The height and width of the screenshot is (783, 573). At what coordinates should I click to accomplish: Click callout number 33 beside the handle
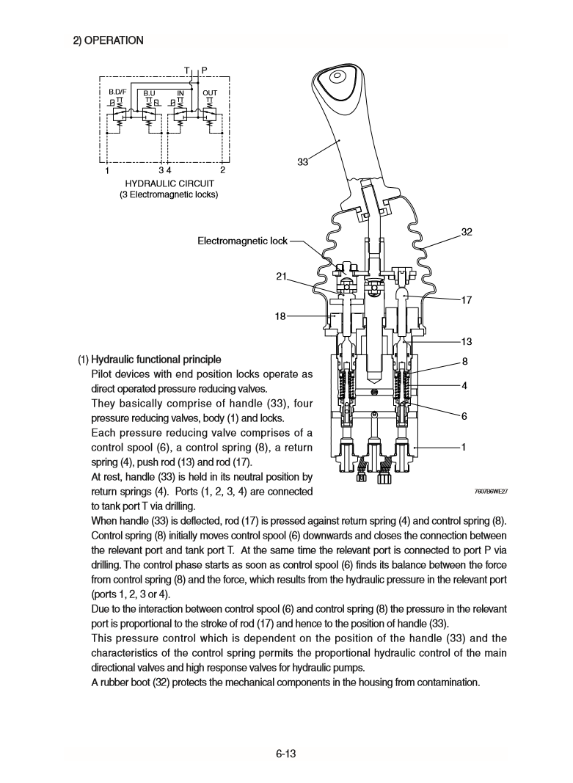coord(302,162)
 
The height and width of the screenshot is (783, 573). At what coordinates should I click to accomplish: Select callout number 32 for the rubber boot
coord(466,232)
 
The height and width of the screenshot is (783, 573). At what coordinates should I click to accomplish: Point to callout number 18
coord(280,316)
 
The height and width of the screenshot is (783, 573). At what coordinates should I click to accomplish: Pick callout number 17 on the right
coord(466,299)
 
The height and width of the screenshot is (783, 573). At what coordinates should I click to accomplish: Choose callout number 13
coord(466,341)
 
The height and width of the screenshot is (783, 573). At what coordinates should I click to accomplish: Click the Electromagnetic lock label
coord(243,241)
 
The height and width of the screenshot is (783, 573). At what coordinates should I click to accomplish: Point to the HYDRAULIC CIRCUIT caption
coord(169,183)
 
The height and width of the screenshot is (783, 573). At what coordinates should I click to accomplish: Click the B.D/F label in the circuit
coord(117,93)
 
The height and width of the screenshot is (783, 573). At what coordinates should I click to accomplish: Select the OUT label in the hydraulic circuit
coord(209,93)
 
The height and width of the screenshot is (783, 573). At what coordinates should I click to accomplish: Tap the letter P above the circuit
coord(204,70)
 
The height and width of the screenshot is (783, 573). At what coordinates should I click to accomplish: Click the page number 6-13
coord(286,754)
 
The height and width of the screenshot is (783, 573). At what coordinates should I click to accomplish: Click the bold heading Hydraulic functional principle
coord(155,360)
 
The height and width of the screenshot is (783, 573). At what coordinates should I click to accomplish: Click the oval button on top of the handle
coord(338,76)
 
